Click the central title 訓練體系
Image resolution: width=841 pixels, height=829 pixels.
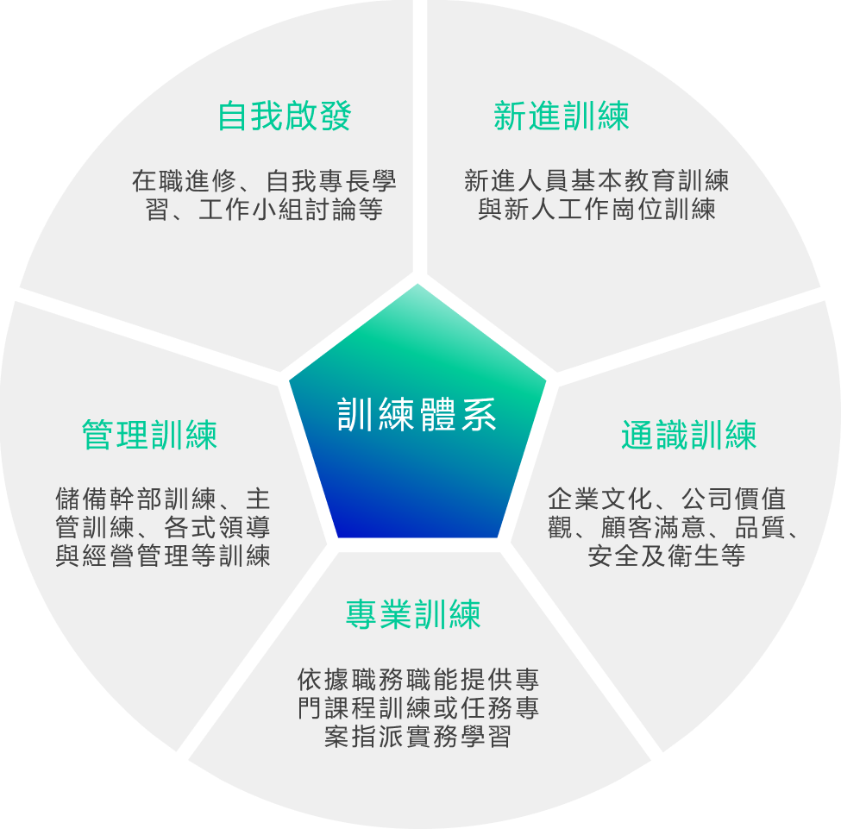(x=417, y=414)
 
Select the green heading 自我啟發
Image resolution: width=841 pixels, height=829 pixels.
(x=285, y=116)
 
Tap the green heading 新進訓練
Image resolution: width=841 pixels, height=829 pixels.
(x=562, y=116)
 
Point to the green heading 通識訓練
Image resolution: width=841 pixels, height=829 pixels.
(x=688, y=436)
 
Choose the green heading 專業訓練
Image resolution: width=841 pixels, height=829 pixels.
(x=413, y=614)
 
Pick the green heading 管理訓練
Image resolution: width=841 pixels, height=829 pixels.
(x=149, y=434)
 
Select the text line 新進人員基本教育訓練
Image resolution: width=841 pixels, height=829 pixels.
(x=596, y=180)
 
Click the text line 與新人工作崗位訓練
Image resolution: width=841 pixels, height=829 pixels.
(x=596, y=209)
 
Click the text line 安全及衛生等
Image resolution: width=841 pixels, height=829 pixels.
(x=667, y=556)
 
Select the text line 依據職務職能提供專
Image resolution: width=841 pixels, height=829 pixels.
(x=418, y=680)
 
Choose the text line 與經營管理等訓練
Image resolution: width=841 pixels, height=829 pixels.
(x=163, y=556)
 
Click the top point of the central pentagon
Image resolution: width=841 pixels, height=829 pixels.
(x=418, y=285)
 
